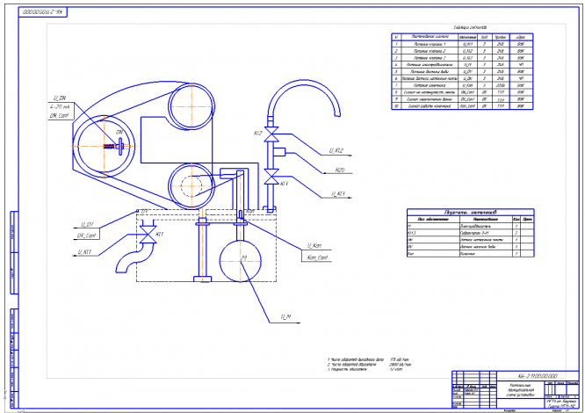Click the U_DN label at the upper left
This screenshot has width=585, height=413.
click(x=60, y=99)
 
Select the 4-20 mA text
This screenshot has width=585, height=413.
click(x=61, y=107)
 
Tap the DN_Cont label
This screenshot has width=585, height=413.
click(x=60, y=116)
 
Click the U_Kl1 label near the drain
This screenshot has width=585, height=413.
click(x=85, y=252)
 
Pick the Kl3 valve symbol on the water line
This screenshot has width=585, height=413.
click(x=271, y=183)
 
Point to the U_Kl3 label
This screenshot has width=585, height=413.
click(x=335, y=193)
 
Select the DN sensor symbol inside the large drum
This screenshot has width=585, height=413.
click(x=115, y=143)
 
